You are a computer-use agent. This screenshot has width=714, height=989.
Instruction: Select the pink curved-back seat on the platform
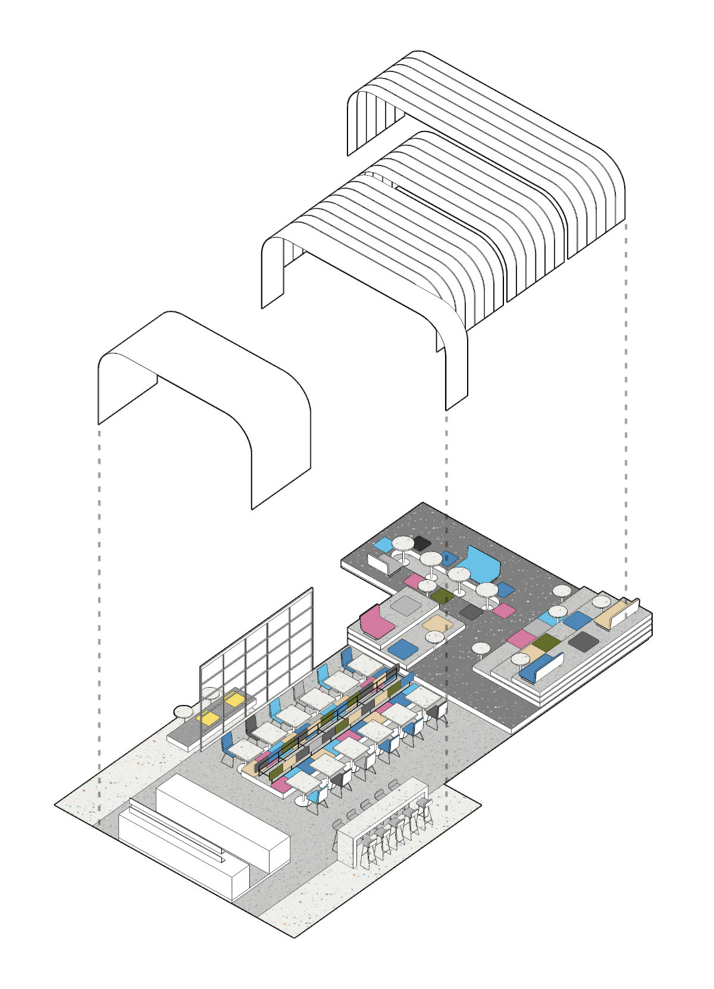(x=376, y=622)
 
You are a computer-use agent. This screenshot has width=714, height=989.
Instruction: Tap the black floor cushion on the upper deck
(x=421, y=542)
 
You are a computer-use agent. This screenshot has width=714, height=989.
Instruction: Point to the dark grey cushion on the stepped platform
(x=583, y=641)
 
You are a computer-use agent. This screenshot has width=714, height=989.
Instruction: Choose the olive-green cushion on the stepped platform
(x=547, y=642)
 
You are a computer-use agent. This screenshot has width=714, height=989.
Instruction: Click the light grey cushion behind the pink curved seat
(x=409, y=606)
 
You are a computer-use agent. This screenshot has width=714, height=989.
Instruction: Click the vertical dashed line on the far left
(x=99, y=595)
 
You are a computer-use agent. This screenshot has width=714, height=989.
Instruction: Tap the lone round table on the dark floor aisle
(x=481, y=647)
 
